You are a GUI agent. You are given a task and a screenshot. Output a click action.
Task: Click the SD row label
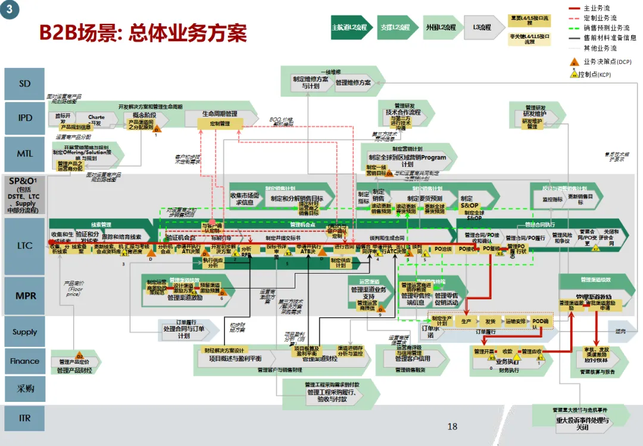[24, 84]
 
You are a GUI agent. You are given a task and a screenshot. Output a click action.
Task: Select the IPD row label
[24, 118]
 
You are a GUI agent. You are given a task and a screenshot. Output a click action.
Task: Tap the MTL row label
[24, 153]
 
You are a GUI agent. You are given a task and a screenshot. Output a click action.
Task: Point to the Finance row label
[24, 361]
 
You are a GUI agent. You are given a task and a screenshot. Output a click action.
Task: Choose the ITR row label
[24, 418]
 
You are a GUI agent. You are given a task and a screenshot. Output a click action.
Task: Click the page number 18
[452, 426]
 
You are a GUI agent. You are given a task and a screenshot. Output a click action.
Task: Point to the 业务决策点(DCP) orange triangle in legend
[574, 61]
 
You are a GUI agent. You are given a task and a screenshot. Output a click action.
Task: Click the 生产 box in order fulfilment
[466, 321]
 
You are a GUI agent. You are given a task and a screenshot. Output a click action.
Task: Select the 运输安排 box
[516, 321]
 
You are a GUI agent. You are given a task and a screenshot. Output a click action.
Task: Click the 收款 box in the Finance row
[507, 351]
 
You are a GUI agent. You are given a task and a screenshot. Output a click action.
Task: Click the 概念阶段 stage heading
[144, 114]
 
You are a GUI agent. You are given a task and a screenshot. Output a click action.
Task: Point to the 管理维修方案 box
[352, 82]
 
